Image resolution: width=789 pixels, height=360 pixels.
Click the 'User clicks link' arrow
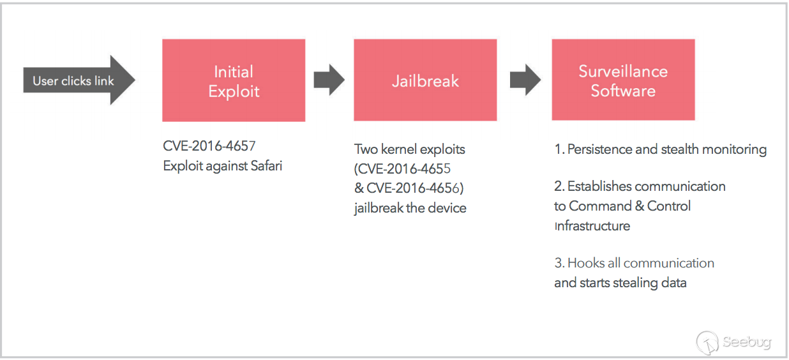pos(79,80)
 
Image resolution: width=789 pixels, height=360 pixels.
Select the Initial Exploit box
pos(234,80)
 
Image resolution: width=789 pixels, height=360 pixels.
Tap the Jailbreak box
pos(425,80)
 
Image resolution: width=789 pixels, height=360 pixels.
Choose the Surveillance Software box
pos(623,80)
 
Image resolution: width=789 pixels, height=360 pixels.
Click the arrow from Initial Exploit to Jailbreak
pos(329,80)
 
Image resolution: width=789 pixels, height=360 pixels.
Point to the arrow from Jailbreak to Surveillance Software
pos(525,80)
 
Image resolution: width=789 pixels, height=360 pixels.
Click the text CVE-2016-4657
pos(209,146)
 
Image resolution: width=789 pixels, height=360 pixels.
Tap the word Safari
pos(266,166)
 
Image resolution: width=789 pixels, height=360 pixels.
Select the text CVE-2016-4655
pos(405,169)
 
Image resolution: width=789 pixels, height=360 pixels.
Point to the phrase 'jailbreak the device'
pos(410,208)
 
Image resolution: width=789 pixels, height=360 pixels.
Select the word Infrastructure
pos(592,226)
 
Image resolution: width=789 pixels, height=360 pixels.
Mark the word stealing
pos(635,283)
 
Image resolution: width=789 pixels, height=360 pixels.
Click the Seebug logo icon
pos(707,342)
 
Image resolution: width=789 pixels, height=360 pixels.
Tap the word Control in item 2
pos(668,206)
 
